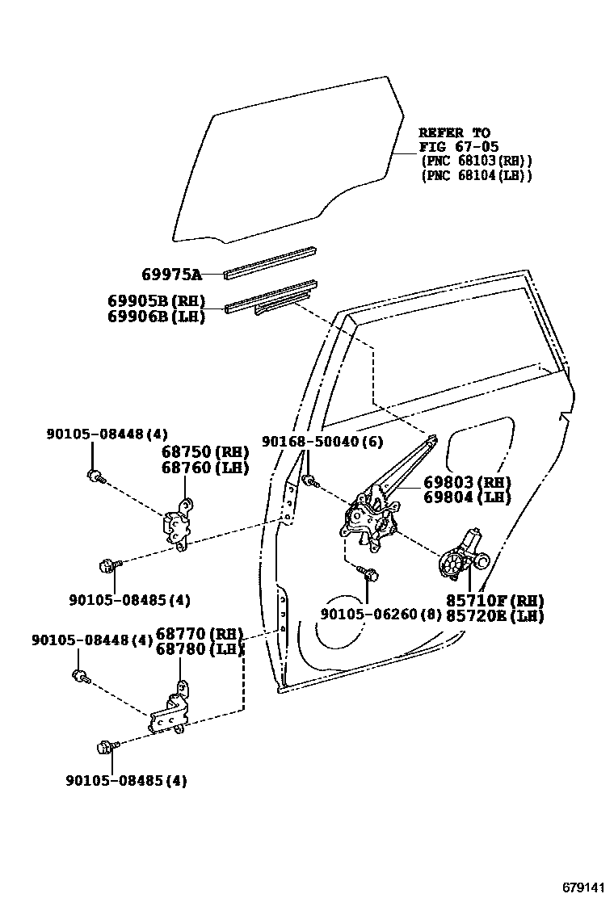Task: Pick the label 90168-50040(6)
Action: click(x=322, y=442)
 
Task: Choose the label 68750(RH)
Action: click(x=204, y=452)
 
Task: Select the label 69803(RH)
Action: click(x=467, y=483)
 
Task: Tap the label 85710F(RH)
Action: click(x=494, y=601)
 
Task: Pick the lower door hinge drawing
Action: click(x=172, y=709)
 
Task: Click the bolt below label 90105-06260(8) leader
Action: click(x=369, y=574)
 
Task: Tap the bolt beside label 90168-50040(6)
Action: click(x=309, y=482)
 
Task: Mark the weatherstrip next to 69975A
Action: click(x=269, y=262)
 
